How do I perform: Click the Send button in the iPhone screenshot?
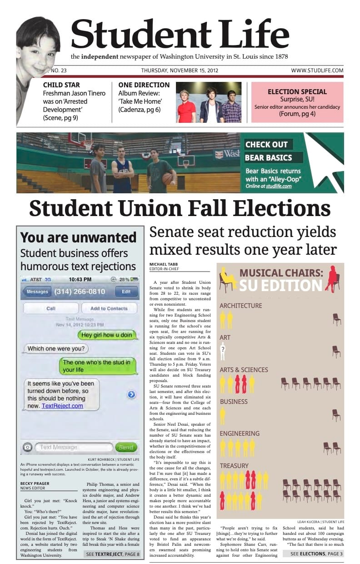click(x=126, y=448)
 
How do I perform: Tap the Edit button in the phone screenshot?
click(x=126, y=292)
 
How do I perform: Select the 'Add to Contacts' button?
click(x=109, y=308)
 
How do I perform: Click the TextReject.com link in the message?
click(x=62, y=406)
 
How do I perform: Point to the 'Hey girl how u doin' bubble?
click(x=107, y=335)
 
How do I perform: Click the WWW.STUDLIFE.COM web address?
click(x=317, y=70)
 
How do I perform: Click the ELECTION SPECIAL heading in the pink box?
click(x=297, y=92)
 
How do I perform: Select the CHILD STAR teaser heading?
click(x=61, y=85)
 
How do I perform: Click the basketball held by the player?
click(x=167, y=179)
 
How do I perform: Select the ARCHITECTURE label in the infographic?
click(x=241, y=306)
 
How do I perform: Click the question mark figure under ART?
click(x=223, y=350)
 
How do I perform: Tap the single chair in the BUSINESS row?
click(x=336, y=415)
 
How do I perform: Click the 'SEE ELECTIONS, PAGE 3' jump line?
click(x=317, y=554)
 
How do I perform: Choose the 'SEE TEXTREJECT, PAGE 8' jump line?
click(x=112, y=554)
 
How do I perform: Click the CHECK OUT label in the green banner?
click(x=267, y=145)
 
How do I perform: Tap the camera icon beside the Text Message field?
click(x=27, y=448)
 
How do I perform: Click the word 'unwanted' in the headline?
click(x=105, y=237)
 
